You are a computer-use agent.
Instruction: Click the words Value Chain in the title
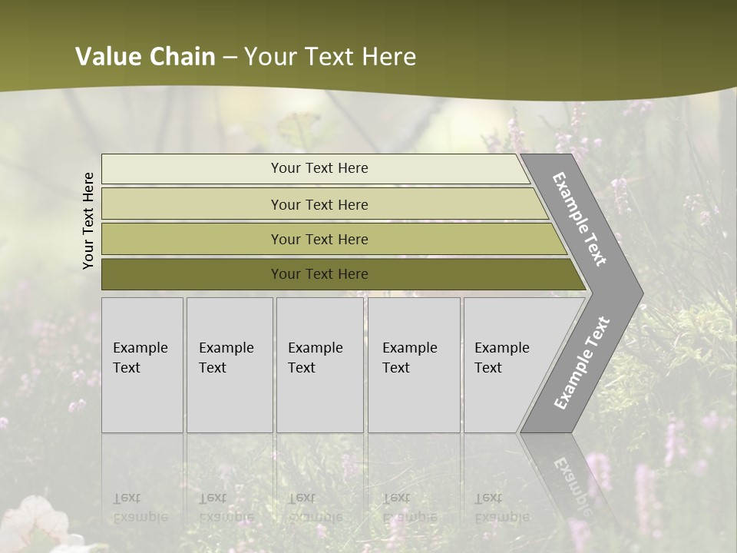click(x=145, y=57)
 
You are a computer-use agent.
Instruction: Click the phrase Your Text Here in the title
click(x=330, y=57)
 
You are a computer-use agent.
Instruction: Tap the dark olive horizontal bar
click(x=192, y=274)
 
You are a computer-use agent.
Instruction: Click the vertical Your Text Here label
click(x=88, y=220)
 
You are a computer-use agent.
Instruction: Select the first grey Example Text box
click(x=142, y=365)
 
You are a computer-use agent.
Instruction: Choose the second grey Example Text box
click(x=229, y=365)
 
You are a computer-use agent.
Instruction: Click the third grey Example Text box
click(x=319, y=365)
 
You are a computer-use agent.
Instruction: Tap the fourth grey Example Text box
click(x=413, y=365)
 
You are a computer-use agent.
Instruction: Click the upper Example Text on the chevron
click(x=580, y=219)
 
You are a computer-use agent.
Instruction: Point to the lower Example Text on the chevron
click(x=582, y=363)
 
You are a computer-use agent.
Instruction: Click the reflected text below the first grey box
click(x=140, y=508)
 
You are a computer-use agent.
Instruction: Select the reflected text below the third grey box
click(x=315, y=508)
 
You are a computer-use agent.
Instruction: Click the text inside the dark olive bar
click(x=319, y=274)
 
